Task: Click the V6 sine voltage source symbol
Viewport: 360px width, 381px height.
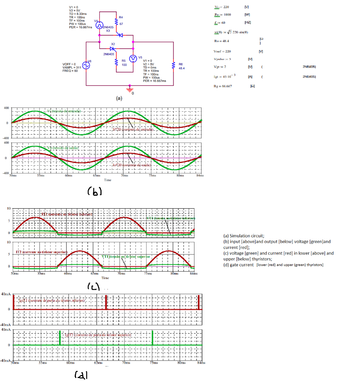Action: [x=86, y=65]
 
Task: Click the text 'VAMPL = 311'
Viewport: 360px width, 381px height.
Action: [x=70, y=67]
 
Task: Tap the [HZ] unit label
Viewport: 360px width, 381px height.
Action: [x=248, y=22]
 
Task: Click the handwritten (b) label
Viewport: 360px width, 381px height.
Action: [x=94, y=192]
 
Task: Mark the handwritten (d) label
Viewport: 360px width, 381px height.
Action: [x=81, y=375]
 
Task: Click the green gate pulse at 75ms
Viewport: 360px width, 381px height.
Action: [x=153, y=338]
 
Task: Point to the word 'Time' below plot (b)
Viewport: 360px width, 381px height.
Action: [x=107, y=180]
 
